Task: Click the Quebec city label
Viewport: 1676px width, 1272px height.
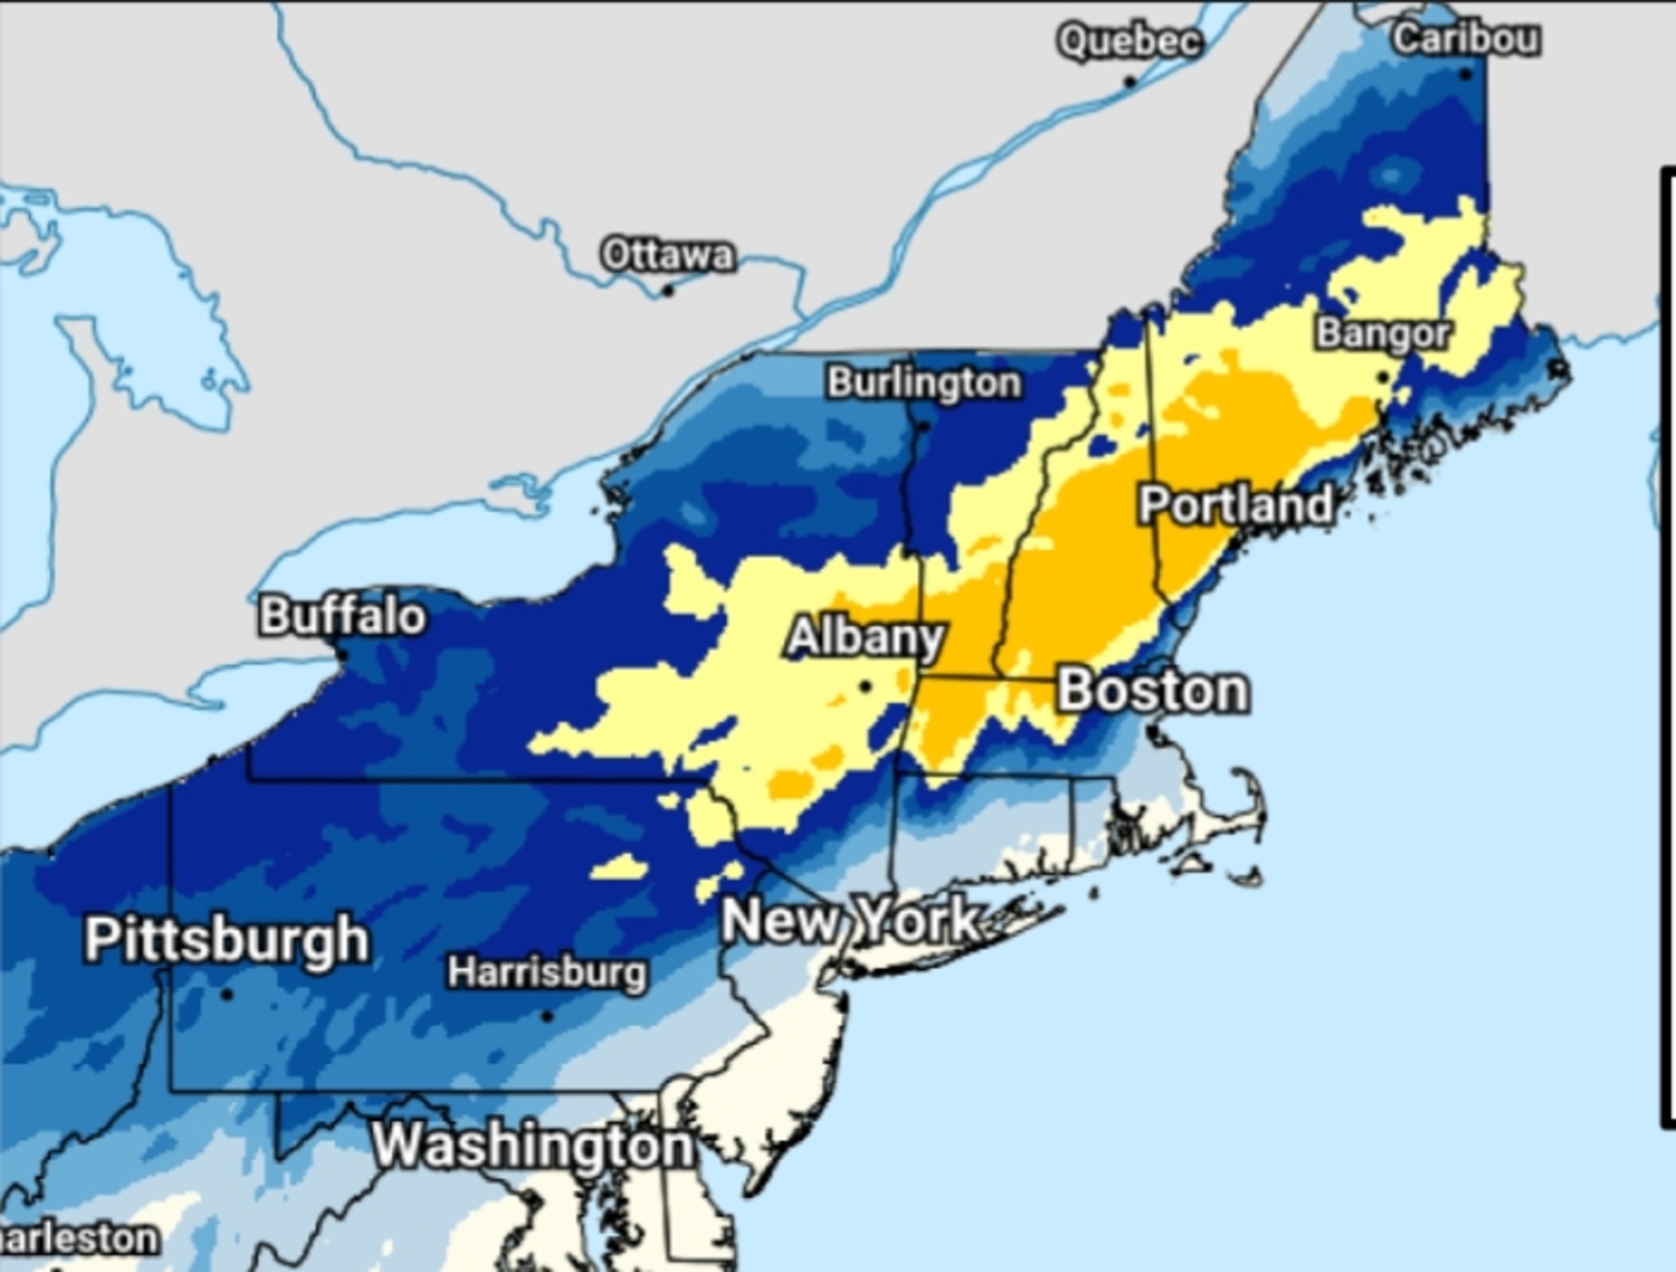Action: tap(1130, 41)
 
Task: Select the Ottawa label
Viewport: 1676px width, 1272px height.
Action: tap(668, 255)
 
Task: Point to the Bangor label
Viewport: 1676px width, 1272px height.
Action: tap(1383, 334)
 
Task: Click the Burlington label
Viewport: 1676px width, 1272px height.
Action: tap(923, 383)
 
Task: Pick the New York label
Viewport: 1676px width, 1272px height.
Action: tap(850, 920)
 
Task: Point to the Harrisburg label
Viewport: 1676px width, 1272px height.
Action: tap(547, 972)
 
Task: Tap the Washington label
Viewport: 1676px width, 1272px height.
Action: tap(532, 1145)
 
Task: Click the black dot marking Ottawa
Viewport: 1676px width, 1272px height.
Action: tap(668, 290)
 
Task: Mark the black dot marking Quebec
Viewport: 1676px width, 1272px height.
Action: tap(1130, 81)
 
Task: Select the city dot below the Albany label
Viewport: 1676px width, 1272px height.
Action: tap(865, 687)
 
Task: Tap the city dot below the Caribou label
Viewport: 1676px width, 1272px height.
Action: tap(1465, 74)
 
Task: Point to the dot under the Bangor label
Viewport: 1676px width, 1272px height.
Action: tap(1383, 377)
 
